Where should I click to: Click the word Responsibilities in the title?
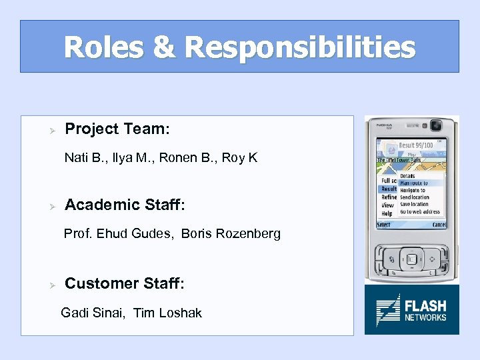click(x=299, y=47)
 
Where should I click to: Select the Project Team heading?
click(x=117, y=129)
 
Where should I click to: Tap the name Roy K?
click(x=239, y=158)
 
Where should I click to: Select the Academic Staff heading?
click(x=125, y=205)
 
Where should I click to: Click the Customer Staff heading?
click(x=125, y=283)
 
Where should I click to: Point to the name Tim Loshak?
click(x=167, y=313)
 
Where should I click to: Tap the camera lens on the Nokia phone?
click(x=437, y=125)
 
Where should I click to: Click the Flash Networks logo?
click(x=411, y=309)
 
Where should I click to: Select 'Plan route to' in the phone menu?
click(x=413, y=183)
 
